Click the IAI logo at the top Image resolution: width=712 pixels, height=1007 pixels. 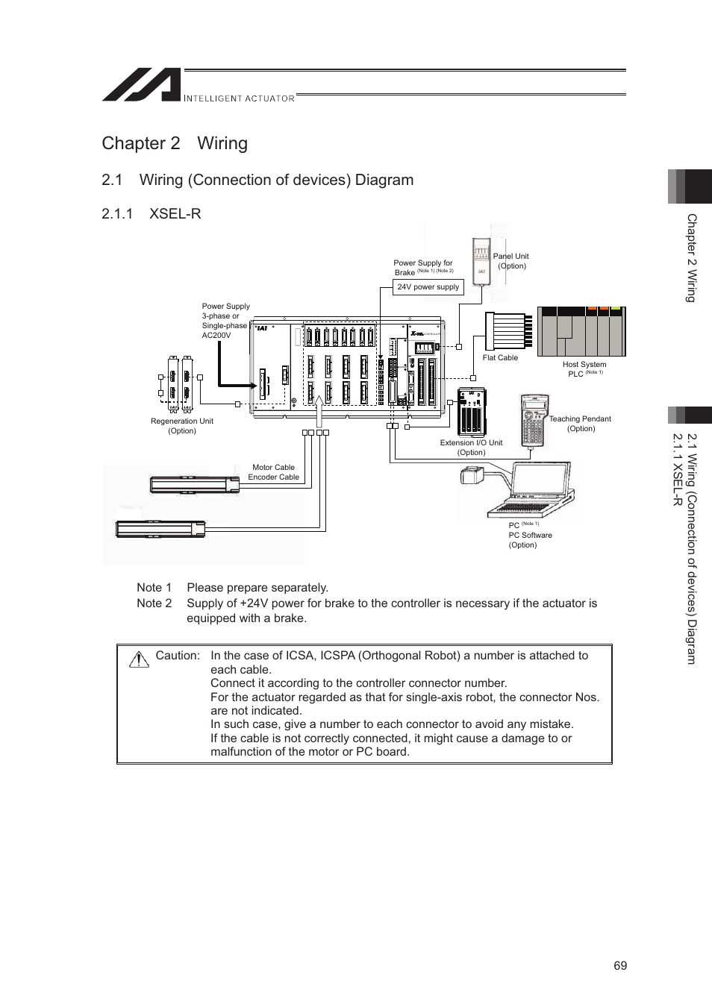pyautogui.click(x=142, y=85)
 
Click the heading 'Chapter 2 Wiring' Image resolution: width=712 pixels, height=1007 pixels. pyautogui.click(x=175, y=143)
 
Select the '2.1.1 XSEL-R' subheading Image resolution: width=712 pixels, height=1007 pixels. pyautogui.click(x=151, y=213)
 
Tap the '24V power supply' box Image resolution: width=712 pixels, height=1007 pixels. pyautogui.click(x=428, y=287)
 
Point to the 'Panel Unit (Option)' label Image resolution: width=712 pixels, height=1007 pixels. pyautogui.click(x=511, y=261)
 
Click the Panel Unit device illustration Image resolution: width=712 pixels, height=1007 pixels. pyautogui.click(x=481, y=261)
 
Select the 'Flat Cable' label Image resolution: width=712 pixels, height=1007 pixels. pyautogui.click(x=500, y=358)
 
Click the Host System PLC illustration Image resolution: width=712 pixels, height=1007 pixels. pyautogui.click(x=582, y=332)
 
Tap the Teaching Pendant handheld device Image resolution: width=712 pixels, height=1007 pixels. pyautogui.click(x=532, y=421)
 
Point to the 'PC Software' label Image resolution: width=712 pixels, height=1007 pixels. pyautogui.click(x=530, y=536)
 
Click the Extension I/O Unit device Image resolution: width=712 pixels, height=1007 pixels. pyautogui.click(x=472, y=411)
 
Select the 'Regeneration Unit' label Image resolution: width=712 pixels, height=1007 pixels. pyautogui.click(x=182, y=421)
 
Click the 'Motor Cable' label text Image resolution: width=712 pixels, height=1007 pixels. pyautogui.click(x=273, y=468)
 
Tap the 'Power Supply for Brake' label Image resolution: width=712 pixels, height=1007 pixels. pyautogui.click(x=422, y=268)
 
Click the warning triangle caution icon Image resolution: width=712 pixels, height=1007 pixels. pyautogui.click(x=139, y=659)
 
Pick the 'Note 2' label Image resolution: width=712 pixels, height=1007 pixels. pyautogui.click(x=154, y=603)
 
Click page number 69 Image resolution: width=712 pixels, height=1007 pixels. pyautogui.click(x=620, y=966)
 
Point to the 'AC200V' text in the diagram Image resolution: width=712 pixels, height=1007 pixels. pyautogui.click(x=216, y=336)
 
